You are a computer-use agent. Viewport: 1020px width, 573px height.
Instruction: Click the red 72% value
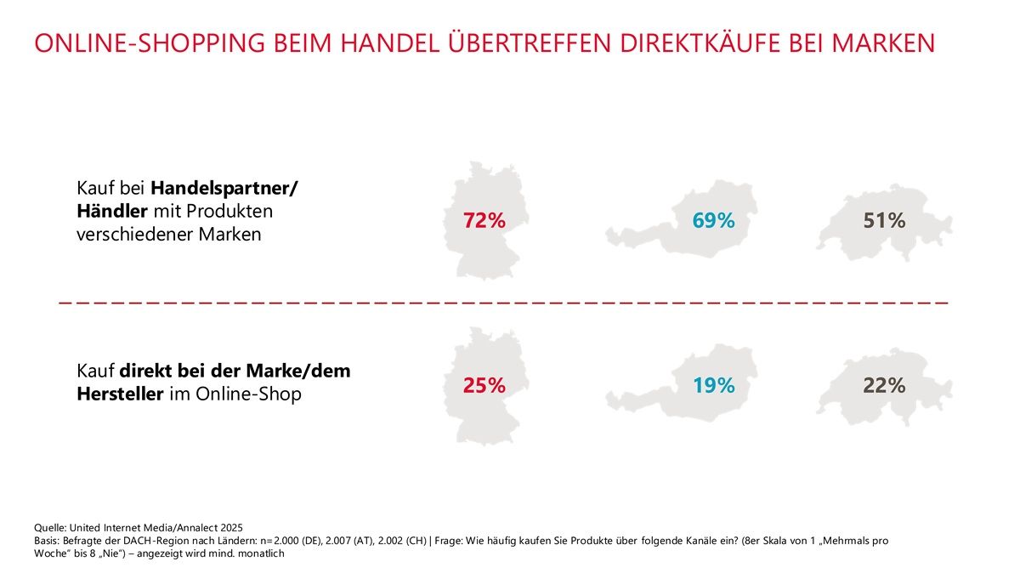[x=484, y=220]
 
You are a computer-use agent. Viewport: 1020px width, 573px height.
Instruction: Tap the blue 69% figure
[x=713, y=220]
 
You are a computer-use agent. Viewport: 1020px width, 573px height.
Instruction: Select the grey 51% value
[x=884, y=220]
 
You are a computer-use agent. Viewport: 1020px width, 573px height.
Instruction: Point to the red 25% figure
[x=484, y=385]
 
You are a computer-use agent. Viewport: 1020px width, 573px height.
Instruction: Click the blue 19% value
[x=714, y=385]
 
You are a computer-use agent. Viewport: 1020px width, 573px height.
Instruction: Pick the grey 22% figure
[x=884, y=385]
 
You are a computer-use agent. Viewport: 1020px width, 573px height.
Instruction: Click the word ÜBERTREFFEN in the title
[x=530, y=43]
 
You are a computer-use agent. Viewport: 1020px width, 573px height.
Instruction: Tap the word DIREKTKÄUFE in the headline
[x=700, y=43]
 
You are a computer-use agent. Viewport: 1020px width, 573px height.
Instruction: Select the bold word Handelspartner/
[x=224, y=188]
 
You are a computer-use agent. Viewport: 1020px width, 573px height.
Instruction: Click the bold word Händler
[x=112, y=211]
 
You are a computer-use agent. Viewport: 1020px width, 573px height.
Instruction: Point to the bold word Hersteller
[x=120, y=394]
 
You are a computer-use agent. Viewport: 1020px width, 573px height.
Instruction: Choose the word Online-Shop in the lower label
[x=248, y=394]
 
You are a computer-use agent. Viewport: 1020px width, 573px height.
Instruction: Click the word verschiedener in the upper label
[x=134, y=235]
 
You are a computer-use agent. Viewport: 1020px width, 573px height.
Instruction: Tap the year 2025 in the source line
[x=232, y=528]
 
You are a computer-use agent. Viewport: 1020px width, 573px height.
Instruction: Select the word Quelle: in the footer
[x=50, y=528]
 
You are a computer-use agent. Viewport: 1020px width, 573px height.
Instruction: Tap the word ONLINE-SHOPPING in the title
[x=150, y=43]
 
